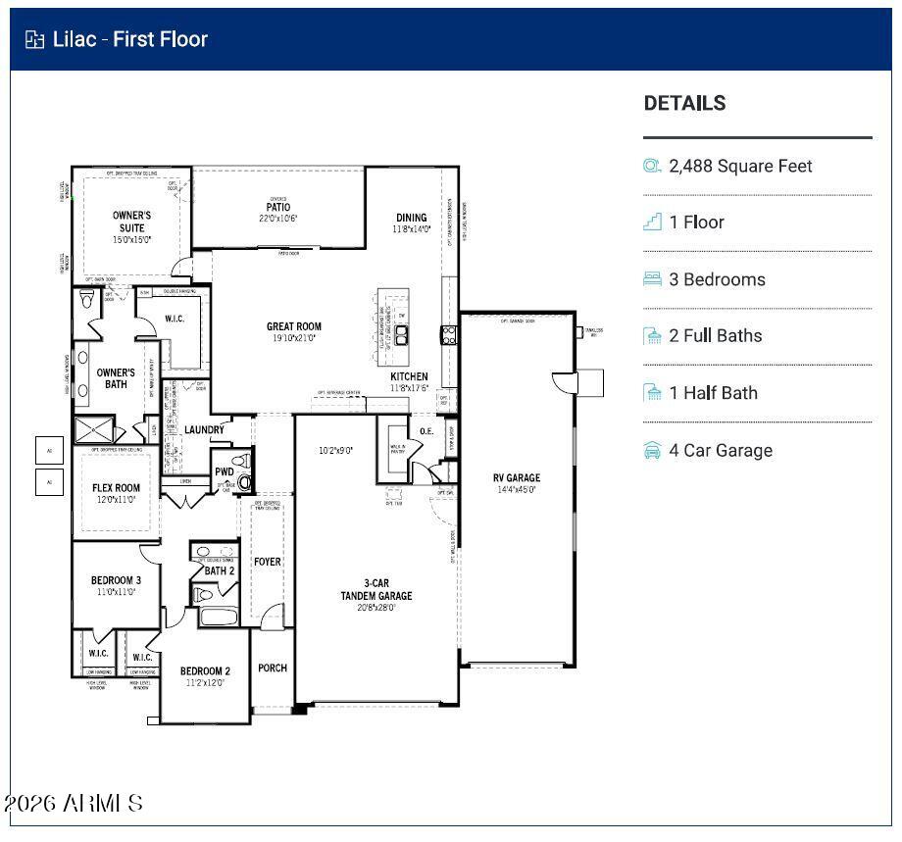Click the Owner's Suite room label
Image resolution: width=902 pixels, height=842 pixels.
(x=131, y=222)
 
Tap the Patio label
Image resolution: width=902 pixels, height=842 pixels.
(x=277, y=207)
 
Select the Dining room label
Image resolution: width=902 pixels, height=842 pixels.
(x=412, y=218)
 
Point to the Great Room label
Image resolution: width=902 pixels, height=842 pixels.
(x=294, y=327)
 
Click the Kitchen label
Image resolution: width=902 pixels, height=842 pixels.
(x=409, y=376)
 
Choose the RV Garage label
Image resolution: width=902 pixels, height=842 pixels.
(x=516, y=478)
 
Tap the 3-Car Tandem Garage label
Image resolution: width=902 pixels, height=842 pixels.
(x=376, y=589)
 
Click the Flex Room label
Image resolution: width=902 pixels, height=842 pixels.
(x=116, y=488)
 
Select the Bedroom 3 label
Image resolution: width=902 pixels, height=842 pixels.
(x=116, y=580)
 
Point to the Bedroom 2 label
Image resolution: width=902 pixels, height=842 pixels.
(x=205, y=671)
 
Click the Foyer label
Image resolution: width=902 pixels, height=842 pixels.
(x=267, y=562)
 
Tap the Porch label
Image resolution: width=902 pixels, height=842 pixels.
(x=273, y=669)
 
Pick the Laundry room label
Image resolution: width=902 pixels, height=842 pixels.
(x=204, y=429)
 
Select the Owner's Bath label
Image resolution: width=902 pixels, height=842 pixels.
(x=116, y=378)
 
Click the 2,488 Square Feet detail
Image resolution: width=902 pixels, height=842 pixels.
(x=740, y=167)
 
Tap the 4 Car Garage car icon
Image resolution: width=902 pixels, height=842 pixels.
(x=652, y=451)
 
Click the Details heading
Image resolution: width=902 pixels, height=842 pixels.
(x=684, y=103)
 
